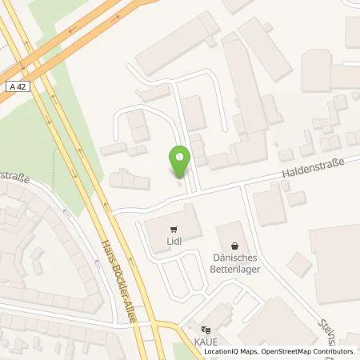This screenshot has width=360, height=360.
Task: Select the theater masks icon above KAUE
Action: tap(206, 330)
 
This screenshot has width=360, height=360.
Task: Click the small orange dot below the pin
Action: tap(180, 183)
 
